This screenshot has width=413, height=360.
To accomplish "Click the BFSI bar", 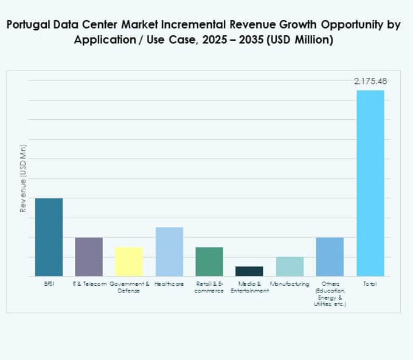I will click(49, 237).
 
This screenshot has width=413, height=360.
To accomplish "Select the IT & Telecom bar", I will click(89, 257).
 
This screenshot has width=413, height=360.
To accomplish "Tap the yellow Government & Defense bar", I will click(129, 261).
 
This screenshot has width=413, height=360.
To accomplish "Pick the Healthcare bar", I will click(169, 252).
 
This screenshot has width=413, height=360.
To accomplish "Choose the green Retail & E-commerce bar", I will click(209, 261).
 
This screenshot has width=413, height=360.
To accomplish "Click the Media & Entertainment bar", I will click(249, 271).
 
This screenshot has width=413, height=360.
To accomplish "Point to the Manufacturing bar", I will click(290, 266).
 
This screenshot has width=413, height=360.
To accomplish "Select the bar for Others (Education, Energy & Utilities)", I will click(330, 257).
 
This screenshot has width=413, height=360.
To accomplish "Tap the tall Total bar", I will click(370, 182).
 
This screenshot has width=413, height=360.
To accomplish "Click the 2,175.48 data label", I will click(370, 81).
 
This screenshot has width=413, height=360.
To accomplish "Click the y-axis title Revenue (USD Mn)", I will click(23, 178).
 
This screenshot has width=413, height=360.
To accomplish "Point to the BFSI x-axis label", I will click(49, 284).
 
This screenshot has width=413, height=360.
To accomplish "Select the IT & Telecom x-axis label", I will click(89, 284).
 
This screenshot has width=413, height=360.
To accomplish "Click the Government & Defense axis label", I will click(129, 287).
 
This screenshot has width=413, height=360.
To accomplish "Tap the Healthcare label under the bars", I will click(169, 284).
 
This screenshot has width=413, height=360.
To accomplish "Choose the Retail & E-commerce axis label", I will click(209, 287).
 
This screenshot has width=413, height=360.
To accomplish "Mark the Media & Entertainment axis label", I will click(249, 287).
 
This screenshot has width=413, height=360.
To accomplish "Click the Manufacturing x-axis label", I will click(290, 284).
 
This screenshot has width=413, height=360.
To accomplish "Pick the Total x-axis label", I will click(370, 284).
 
